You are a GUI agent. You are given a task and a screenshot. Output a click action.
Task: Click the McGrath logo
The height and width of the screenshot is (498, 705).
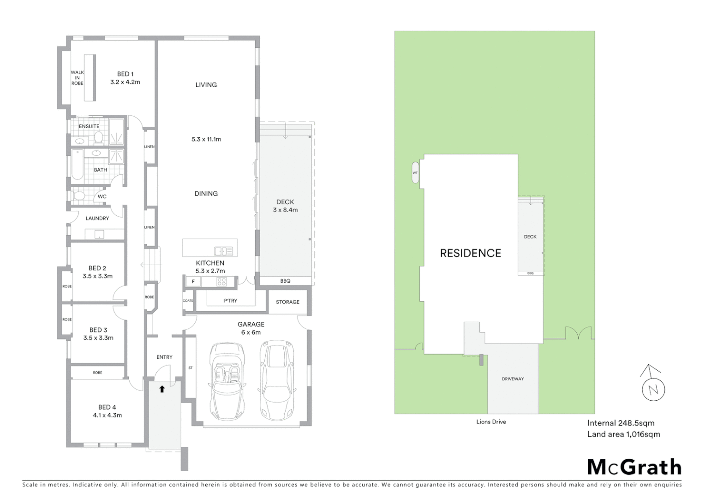coord(634,467)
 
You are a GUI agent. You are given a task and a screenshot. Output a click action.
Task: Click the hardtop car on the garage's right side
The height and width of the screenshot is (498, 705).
coord(277,380)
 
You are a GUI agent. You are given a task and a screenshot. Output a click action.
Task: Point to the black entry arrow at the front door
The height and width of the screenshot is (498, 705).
coord(162,389)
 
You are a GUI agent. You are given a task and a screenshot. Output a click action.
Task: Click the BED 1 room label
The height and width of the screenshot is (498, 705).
coord(125,78)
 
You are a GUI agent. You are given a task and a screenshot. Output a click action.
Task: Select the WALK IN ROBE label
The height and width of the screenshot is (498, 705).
coord(77,78)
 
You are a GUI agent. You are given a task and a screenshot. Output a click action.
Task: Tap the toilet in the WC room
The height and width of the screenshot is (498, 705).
coord(79,196)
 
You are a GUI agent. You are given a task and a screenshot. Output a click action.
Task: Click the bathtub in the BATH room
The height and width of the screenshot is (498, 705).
coord(77,165)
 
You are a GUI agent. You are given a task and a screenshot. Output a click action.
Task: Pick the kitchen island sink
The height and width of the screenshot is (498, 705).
coord(223,251)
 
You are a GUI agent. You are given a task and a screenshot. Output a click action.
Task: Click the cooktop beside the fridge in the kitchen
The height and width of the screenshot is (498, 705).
coord(221,282)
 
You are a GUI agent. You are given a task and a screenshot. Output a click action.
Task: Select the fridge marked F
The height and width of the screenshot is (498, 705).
coord(193,282)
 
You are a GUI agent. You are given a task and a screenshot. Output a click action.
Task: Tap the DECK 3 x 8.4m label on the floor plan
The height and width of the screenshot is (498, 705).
coord(285,206)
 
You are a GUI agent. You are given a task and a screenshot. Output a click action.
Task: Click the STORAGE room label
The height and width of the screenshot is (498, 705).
coord(287,302)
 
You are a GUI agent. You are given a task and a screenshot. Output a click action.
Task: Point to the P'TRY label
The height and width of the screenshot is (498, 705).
coord(230,301)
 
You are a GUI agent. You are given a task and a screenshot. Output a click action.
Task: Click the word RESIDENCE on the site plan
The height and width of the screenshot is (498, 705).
coord(470,253)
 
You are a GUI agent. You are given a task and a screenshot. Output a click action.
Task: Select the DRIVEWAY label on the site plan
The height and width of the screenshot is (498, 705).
coord(513,379)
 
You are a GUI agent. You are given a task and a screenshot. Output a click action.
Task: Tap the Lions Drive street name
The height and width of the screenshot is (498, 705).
coord(491,421)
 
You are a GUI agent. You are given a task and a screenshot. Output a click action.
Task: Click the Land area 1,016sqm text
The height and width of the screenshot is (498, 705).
coord(623,434)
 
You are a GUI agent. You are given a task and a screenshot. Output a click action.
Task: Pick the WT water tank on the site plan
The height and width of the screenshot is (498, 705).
coord(415,172)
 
